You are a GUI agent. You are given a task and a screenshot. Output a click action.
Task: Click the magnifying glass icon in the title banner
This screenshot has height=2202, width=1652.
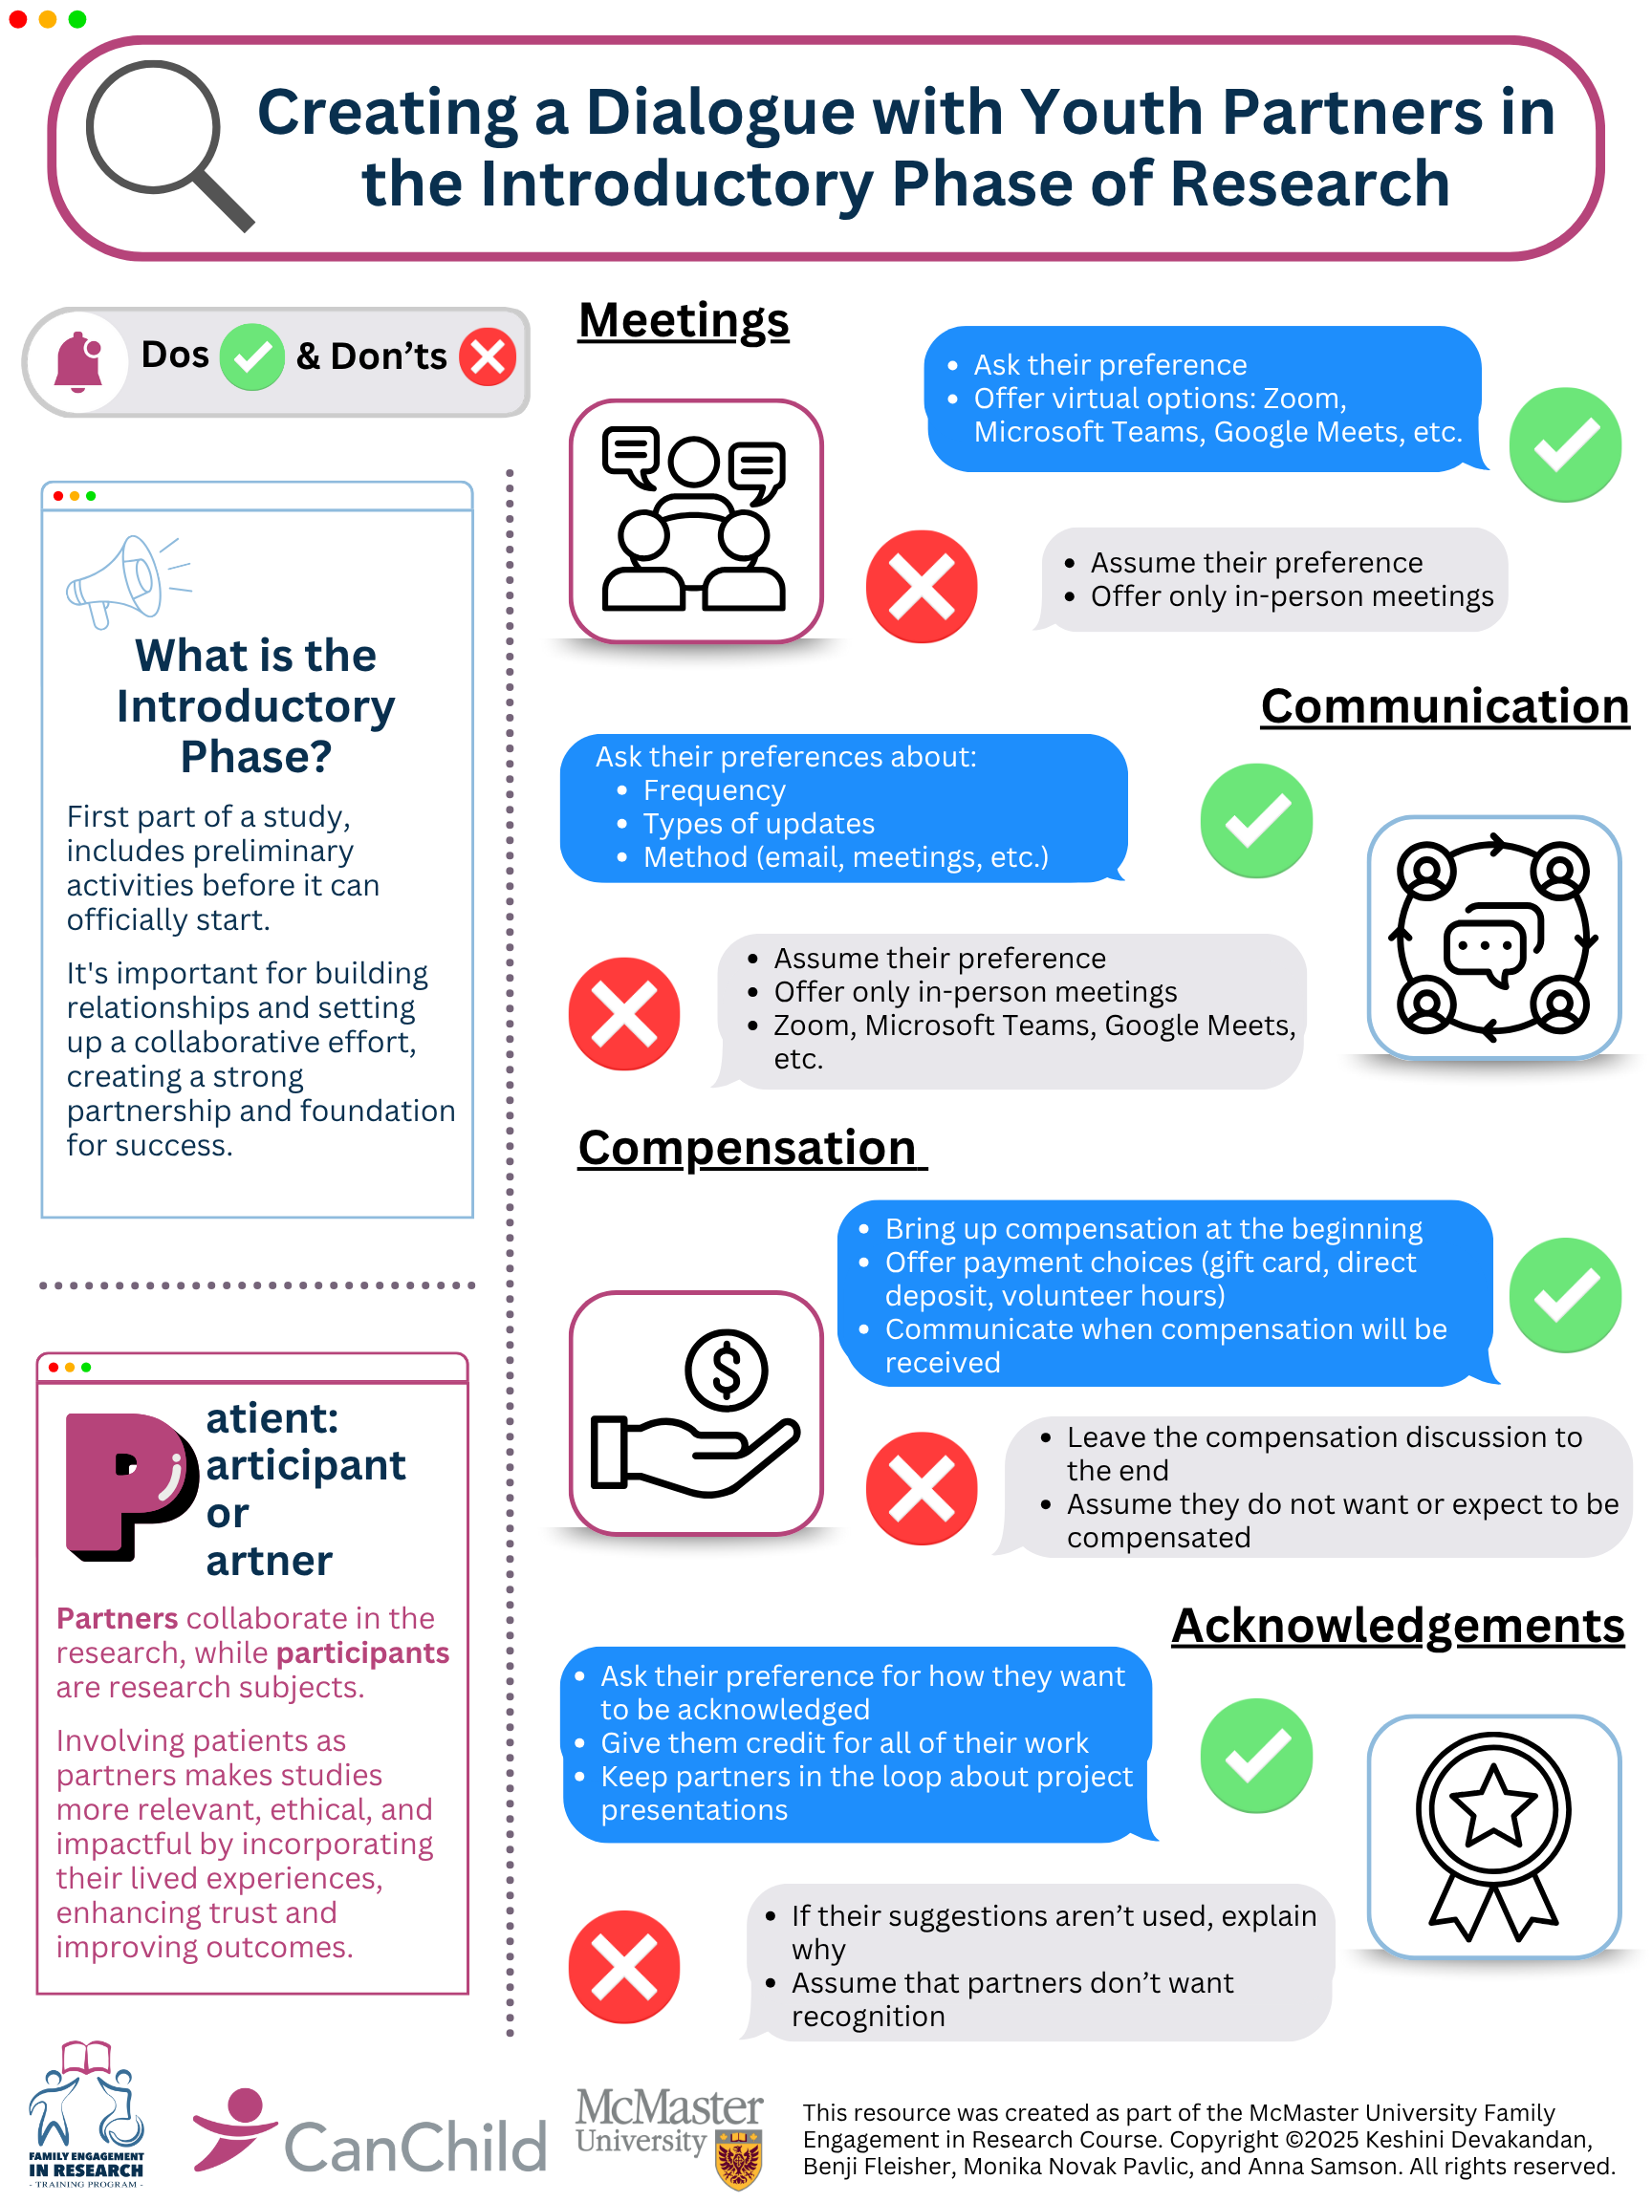tap(160, 140)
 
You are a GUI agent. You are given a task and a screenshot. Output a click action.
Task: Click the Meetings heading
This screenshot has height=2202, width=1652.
tap(684, 320)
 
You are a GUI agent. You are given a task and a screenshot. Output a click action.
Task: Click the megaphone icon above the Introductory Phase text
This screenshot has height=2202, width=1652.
tap(127, 580)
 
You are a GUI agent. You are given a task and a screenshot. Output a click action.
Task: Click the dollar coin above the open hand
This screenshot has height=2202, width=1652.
tap(726, 1370)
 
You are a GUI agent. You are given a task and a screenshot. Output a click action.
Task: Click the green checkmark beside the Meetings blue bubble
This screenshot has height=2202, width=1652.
tap(1564, 444)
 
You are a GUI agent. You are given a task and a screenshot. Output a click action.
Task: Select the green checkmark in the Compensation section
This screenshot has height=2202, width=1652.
tap(1564, 1294)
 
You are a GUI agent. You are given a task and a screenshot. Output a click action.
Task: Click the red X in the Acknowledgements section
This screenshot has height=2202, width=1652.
tap(624, 1966)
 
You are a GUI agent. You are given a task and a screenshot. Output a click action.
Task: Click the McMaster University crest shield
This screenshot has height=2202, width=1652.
tap(738, 2158)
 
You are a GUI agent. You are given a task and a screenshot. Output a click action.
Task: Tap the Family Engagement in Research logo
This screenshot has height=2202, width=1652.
tap(86, 2112)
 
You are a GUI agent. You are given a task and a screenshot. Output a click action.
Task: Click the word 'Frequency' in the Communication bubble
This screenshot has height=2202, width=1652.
tap(714, 790)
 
